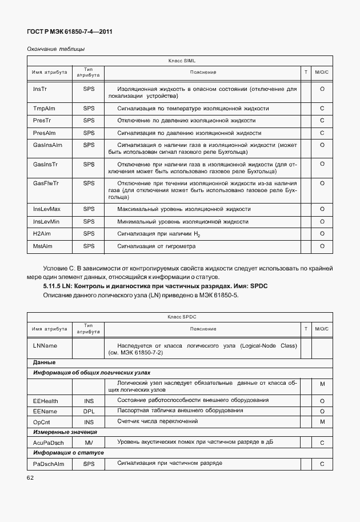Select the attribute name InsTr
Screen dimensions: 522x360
(x=40, y=89)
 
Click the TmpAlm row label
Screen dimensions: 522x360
(x=43, y=108)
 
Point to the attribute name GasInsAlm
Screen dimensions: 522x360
(x=47, y=145)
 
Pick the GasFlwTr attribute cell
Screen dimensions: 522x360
(x=46, y=183)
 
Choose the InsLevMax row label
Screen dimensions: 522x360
(x=47, y=209)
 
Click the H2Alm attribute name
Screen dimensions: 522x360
(x=42, y=234)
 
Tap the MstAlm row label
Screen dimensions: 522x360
(x=43, y=246)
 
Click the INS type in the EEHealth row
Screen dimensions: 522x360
(x=89, y=401)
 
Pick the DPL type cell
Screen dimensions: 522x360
(x=89, y=411)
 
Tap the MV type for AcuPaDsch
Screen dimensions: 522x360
(x=89, y=443)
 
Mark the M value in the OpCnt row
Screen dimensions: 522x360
(x=322, y=422)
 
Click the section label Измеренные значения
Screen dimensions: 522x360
(x=57, y=432)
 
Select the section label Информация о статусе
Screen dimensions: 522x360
(x=60, y=453)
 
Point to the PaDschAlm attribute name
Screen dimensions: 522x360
(x=49, y=463)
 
